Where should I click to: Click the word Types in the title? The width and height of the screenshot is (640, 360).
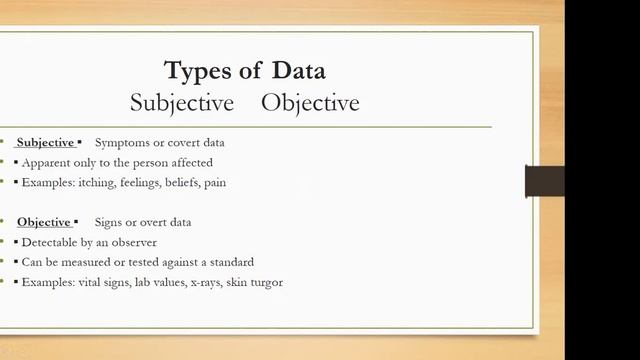(x=200, y=71)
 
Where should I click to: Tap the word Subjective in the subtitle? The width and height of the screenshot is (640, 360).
(x=181, y=103)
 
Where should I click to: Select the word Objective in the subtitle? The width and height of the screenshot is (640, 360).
(x=311, y=103)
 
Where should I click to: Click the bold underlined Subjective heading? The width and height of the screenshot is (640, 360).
(x=45, y=142)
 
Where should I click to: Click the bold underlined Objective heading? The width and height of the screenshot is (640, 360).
(x=44, y=222)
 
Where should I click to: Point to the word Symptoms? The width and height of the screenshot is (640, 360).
(x=119, y=142)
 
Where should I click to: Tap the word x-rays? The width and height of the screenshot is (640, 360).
(x=209, y=282)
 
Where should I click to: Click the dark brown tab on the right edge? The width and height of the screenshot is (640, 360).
(x=545, y=181)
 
